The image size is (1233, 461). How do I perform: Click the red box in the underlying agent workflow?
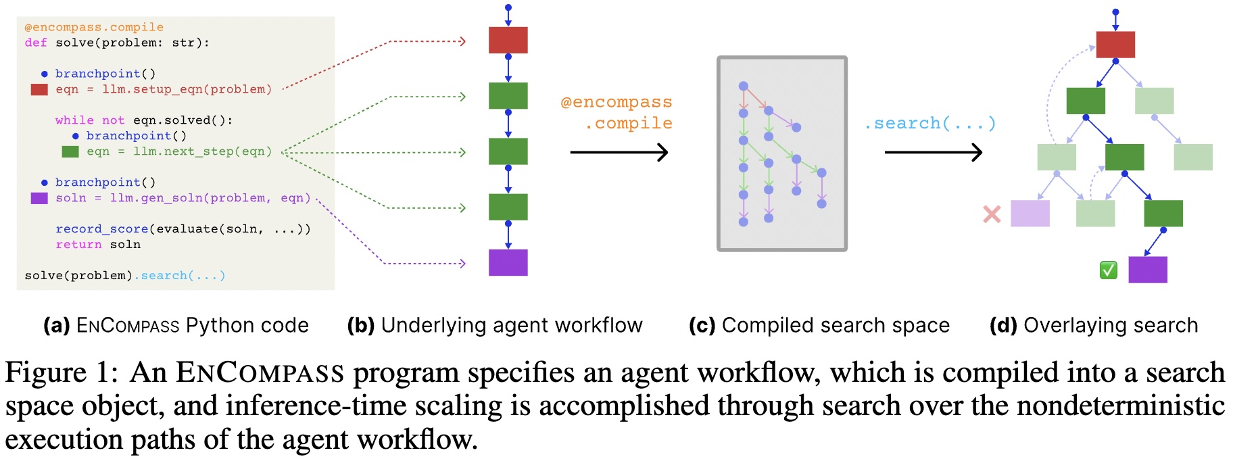tap(508, 41)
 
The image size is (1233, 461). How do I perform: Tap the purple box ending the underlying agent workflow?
tap(508, 262)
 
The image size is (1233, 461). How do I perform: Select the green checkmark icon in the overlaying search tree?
tap(1108, 270)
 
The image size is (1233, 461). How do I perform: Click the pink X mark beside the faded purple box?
tap(992, 214)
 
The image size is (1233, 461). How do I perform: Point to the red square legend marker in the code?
tap(39, 89)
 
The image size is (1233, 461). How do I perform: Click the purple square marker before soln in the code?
tap(39, 198)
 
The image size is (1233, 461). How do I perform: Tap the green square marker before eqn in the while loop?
tap(70, 151)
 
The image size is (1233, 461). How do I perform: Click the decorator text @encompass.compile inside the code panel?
tap(94, 27)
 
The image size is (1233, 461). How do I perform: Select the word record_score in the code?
tap(101, 229)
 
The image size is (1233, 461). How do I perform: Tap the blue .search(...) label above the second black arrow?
tap(929, 123)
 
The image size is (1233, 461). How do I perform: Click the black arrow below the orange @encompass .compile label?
tap(619, 152)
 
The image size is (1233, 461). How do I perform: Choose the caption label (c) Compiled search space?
tap(819, 325)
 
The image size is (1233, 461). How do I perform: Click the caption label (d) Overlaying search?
tap(1093, 325)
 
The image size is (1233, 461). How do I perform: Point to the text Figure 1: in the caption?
tap(62, 372)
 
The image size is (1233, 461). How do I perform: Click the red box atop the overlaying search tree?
tap(1115, 45)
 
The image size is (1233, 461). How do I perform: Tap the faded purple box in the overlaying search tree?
tap(1030, 214)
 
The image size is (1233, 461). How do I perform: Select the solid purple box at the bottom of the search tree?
tap(1147, 270)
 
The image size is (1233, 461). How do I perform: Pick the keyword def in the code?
tap(36, 43)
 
